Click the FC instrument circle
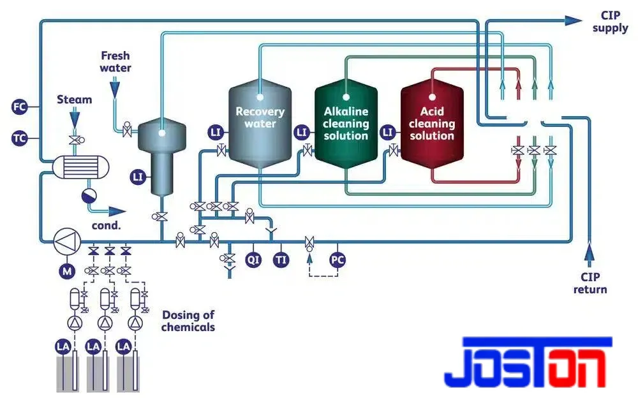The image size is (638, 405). coord(19,107)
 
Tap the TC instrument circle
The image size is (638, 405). coord(19,138)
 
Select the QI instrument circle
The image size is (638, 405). coord(253,260)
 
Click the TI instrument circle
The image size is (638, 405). coord(281,260)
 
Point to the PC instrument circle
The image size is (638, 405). coord(338,260)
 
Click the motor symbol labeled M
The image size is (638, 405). coord(67,271)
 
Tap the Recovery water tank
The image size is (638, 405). coord(260,124)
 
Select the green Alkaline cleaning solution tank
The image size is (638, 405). coord(346,124)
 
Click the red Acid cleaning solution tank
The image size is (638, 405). coord(432,124)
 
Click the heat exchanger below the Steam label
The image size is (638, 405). coord(80,166)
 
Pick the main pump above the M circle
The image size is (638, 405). coord(67,242)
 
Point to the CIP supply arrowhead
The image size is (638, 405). coord(574,20)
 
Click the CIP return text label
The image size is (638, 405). coord(590,283)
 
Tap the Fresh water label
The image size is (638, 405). coord(115,61)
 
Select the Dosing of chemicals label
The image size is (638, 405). coord(188,321)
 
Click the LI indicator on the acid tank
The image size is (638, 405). coord(388,132)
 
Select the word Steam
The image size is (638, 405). coord(74,99)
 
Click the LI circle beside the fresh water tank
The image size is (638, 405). coord(138,177)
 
